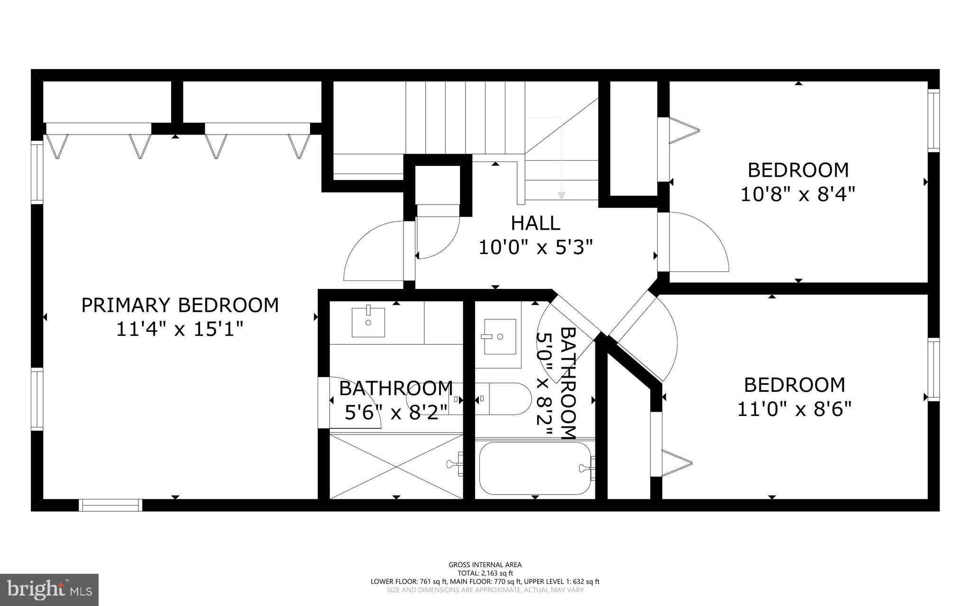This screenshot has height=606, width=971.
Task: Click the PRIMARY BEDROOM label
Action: tap(180, 306)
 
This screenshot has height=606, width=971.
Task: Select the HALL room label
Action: tap(535, 223)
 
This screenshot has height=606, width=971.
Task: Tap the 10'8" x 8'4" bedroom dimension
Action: tap(797, 194)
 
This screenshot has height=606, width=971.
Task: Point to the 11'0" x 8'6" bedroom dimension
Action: tap(794, 409)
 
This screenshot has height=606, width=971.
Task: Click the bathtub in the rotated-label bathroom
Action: tap(535, 468)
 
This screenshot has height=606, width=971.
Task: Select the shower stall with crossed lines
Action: tap(396, 466)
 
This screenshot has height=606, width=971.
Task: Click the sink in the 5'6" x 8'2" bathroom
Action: tap(368, 322)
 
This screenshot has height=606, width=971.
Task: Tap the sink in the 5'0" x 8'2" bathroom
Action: tap(500, 336)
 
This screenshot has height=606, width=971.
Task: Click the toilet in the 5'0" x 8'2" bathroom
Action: tap(507, 398)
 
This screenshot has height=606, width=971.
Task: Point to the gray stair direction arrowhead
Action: tap(561, 195)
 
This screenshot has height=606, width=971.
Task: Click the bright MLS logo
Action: tap(49, 589)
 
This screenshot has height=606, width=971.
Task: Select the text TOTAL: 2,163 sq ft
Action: tap(485, 573)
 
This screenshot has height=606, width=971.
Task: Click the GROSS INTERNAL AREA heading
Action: tap(485, 564)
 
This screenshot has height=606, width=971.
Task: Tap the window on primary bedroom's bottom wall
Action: tap(110, 505)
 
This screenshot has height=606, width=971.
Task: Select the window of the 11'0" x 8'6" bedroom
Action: tap(933, 370)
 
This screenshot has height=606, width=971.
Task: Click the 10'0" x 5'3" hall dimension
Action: tap(535, 247)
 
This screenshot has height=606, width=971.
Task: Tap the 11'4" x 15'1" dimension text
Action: tap(180, 329)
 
